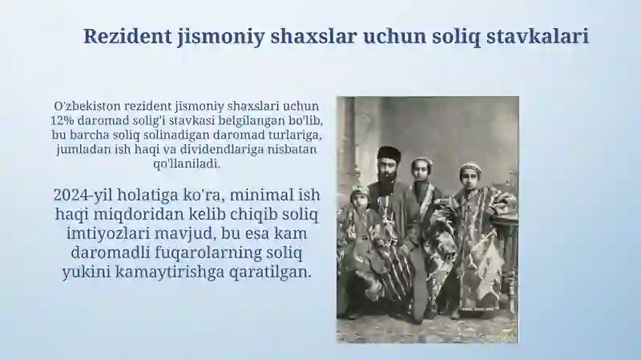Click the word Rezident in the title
[x=122, y=36]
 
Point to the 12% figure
[x=62, y=120]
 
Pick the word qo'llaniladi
[x=185, y=164]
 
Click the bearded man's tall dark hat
[x=389, y=153]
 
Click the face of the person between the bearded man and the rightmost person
[x=421, y=170]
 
